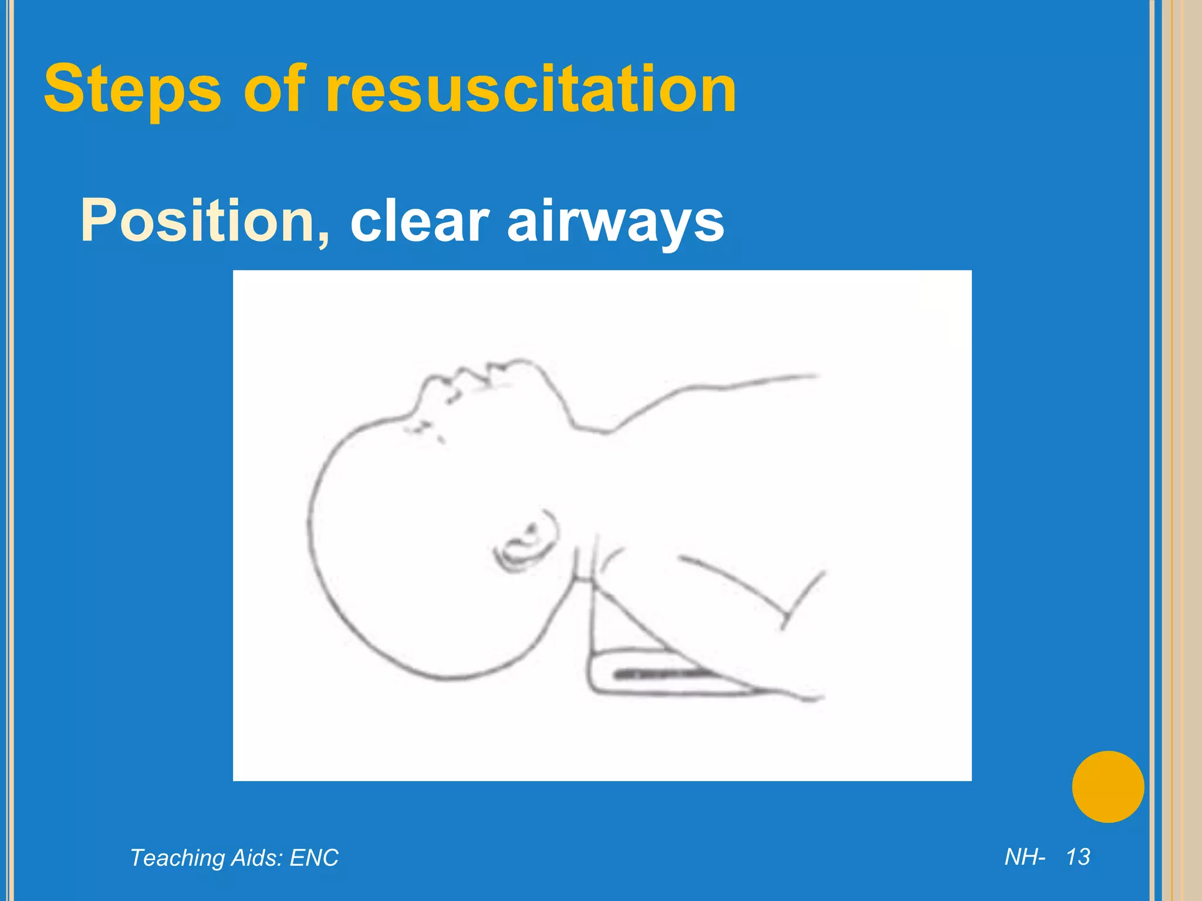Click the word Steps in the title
click(133, 89)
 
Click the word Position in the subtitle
click(197, 221)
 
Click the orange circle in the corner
click(1108, 787)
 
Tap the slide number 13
click(1078, 857)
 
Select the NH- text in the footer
click(1025, 857)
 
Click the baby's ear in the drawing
click(525, 543)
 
